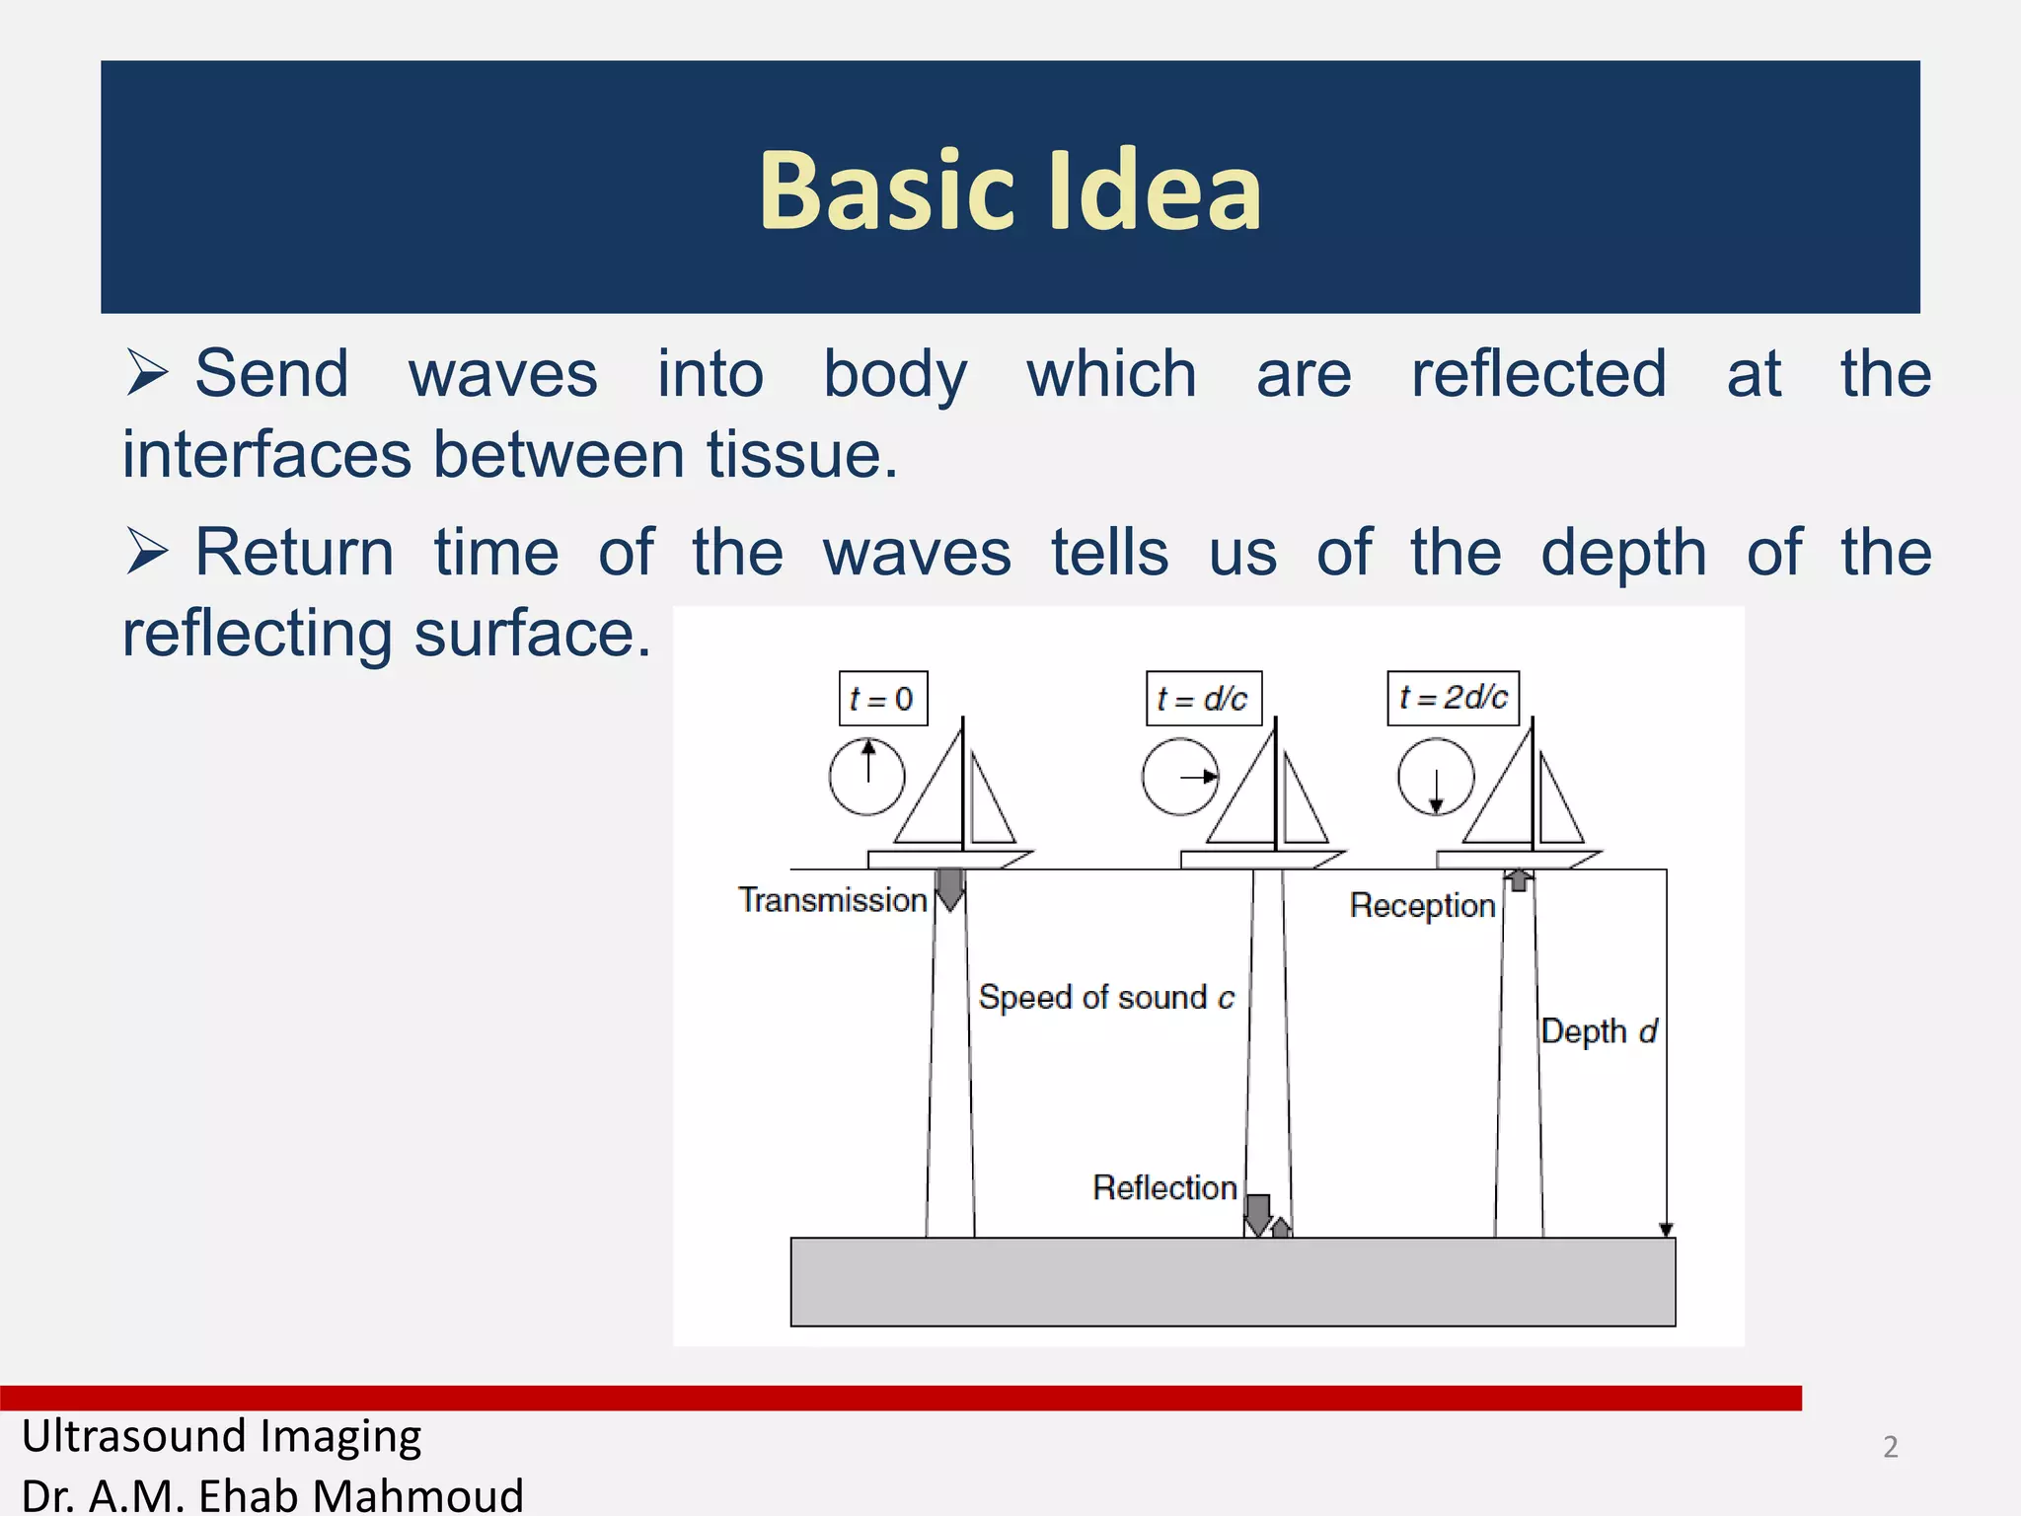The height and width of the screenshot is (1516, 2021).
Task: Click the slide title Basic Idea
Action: point(1010,189)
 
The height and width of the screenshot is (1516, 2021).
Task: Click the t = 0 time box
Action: point(882,699)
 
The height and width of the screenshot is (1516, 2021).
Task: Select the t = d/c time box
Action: point(1203,699)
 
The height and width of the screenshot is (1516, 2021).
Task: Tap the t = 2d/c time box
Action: point(1453,698)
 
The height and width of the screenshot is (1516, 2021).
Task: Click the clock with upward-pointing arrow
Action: point(866,777)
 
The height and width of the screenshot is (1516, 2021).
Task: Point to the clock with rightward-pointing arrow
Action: point(1179,777)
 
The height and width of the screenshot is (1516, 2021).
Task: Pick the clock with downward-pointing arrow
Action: point(1435,777)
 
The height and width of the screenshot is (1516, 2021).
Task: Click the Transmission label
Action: point(832,900)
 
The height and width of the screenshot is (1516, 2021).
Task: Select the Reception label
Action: point(1422,905)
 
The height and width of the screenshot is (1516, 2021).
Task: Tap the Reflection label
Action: point(1164,1187)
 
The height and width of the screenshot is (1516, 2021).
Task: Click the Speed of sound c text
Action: point(1105,998)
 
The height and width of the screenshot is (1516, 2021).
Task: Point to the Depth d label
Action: point(1598,1031)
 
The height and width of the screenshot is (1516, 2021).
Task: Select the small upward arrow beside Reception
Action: point(1519,879)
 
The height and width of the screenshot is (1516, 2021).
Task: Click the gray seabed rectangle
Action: point(1232,1281)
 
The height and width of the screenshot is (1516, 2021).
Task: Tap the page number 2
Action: point(1890,1447)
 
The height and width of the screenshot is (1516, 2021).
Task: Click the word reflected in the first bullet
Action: point(1537,374)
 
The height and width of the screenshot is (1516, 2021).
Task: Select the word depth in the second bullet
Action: point(1623,552)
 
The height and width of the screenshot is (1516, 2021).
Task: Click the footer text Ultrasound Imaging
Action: point(221,1436)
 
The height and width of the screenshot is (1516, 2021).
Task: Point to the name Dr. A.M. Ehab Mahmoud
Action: point(271,1494)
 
